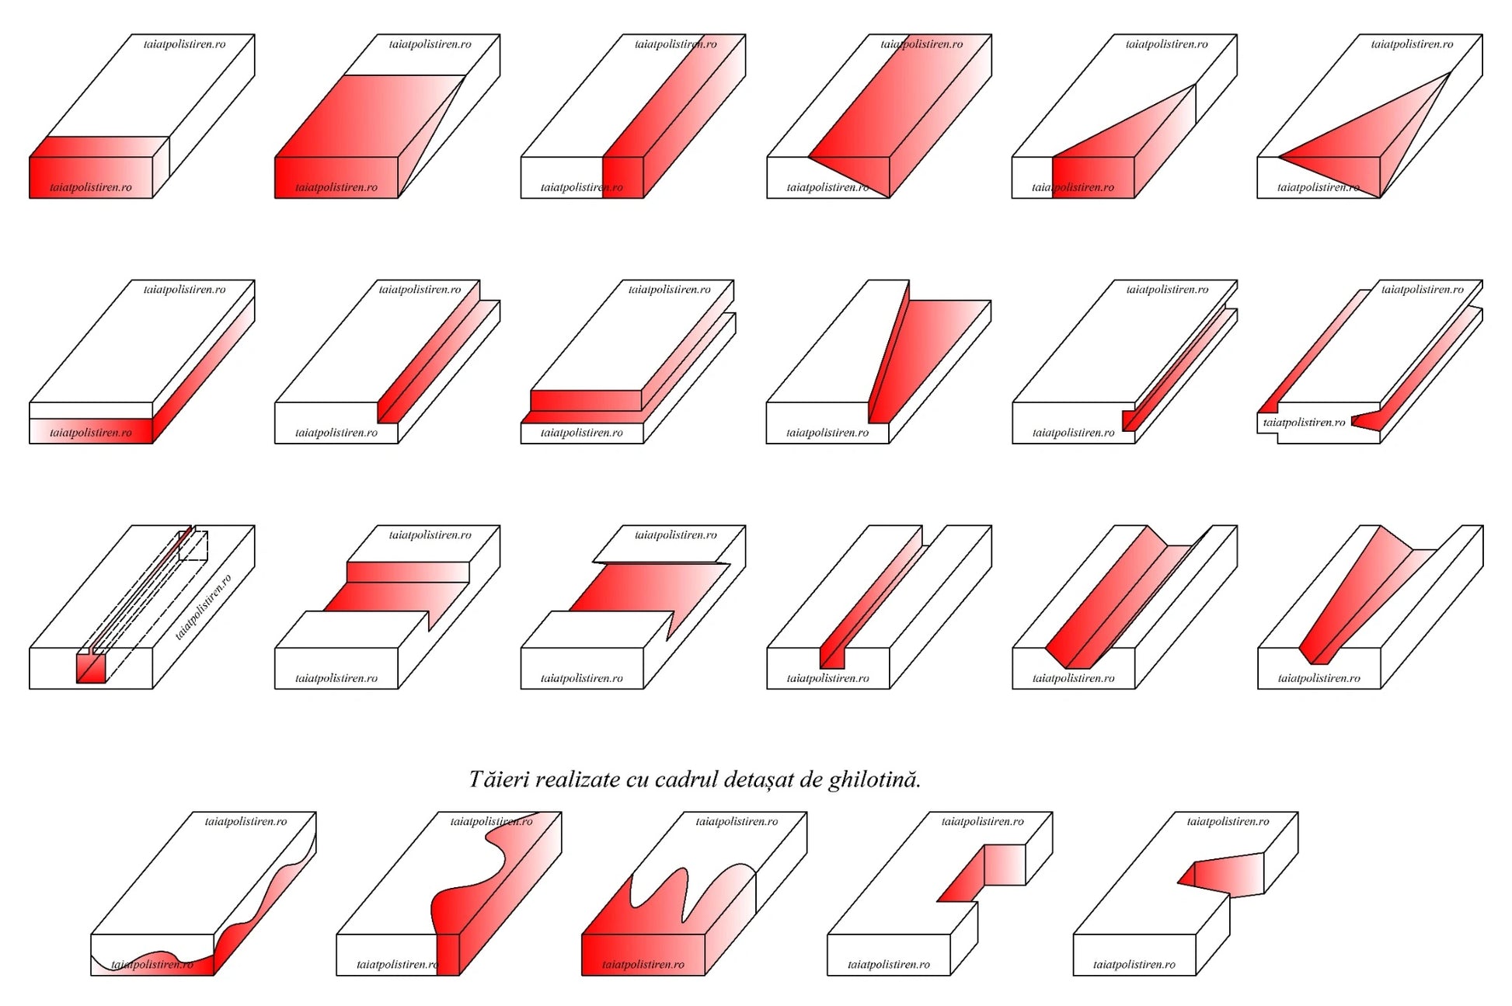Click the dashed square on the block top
pyautogui.click(x=193, y=545)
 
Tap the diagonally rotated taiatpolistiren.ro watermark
pyautogui.click(x=204, y=607)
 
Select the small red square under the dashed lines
pyautogui.click(x=91, y=668)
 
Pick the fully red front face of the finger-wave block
pyautogui.click(x=643, y=955)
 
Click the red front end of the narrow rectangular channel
pyautogui.click(x=832, y=657)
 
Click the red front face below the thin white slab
pyautogui.click(x=91, y=431)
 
